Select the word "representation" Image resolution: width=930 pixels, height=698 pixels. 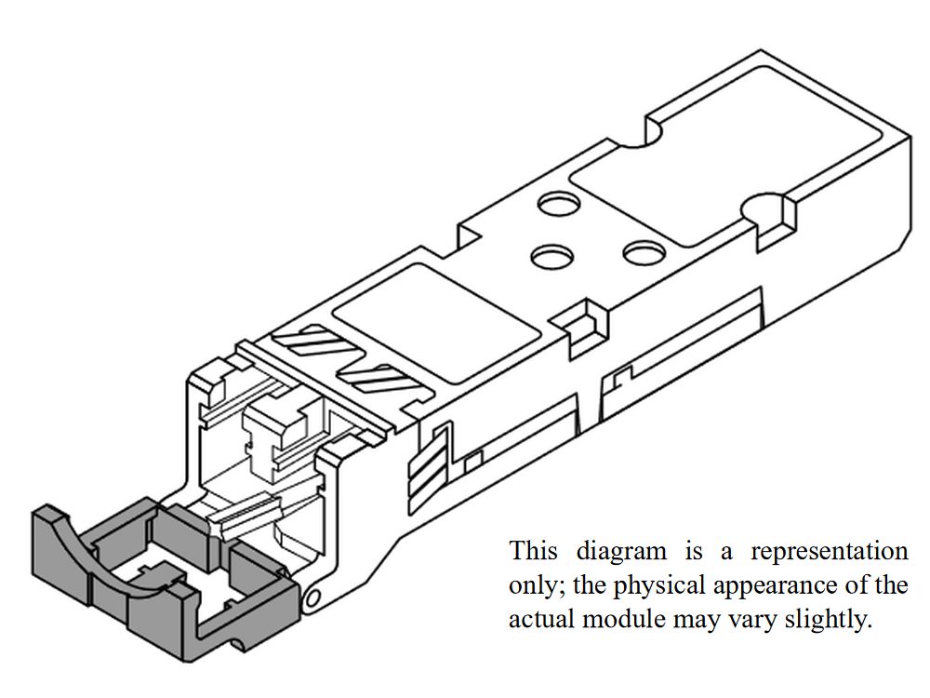(829, 551)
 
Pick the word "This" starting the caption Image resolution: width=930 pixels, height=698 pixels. (533, 551)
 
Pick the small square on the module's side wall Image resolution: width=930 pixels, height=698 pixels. (473, 459)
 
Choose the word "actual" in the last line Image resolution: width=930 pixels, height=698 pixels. (540, 619)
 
